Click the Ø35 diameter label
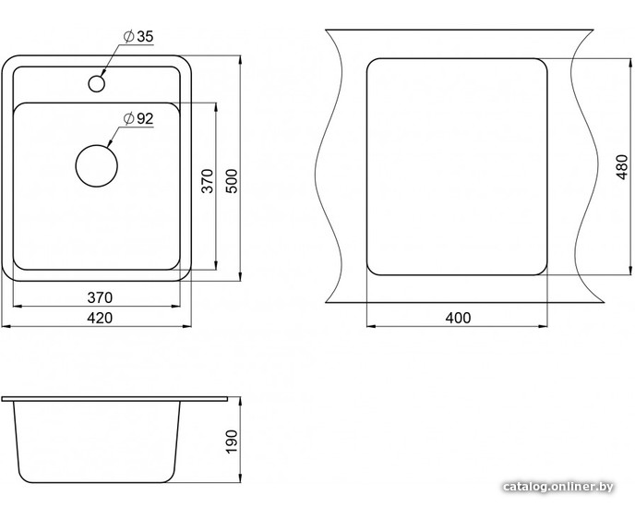[x=138, y=37]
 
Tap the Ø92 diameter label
[x=138, y=119]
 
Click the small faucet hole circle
[x=96, y=83]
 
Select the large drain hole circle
[x=96, y=166]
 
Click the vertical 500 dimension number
[x=232, y=181]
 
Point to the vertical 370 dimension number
[x=208, y=181]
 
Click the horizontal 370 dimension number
[x=100, y=298]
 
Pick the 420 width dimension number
[x=100, y=318]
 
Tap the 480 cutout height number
[x=621, y=167]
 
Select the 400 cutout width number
[x=458, y=318]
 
